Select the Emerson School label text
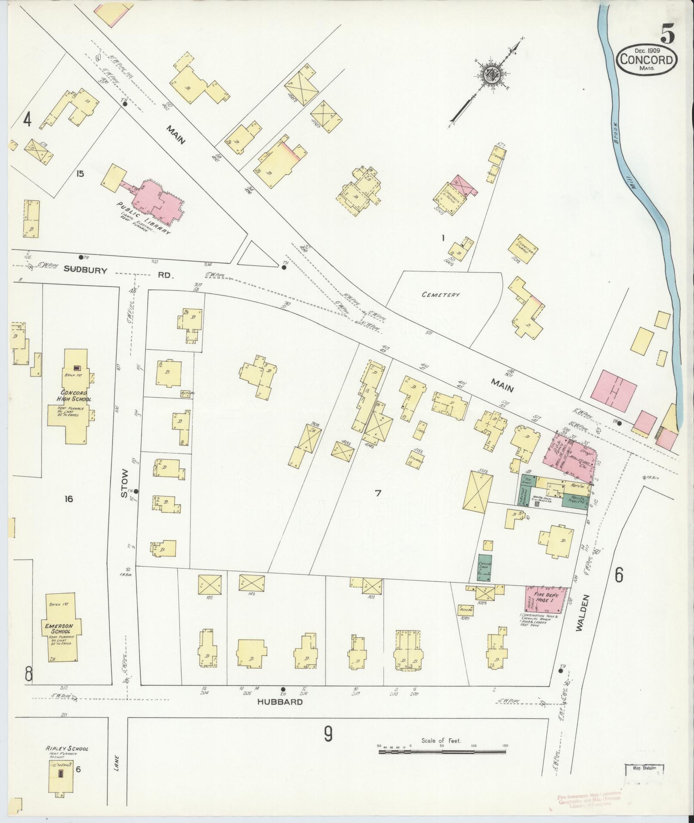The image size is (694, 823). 60,629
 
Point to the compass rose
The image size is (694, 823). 492,76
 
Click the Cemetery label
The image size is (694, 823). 441,295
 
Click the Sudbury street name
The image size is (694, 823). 85,269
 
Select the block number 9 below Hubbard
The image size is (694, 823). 328,735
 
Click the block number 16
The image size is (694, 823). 68,499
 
